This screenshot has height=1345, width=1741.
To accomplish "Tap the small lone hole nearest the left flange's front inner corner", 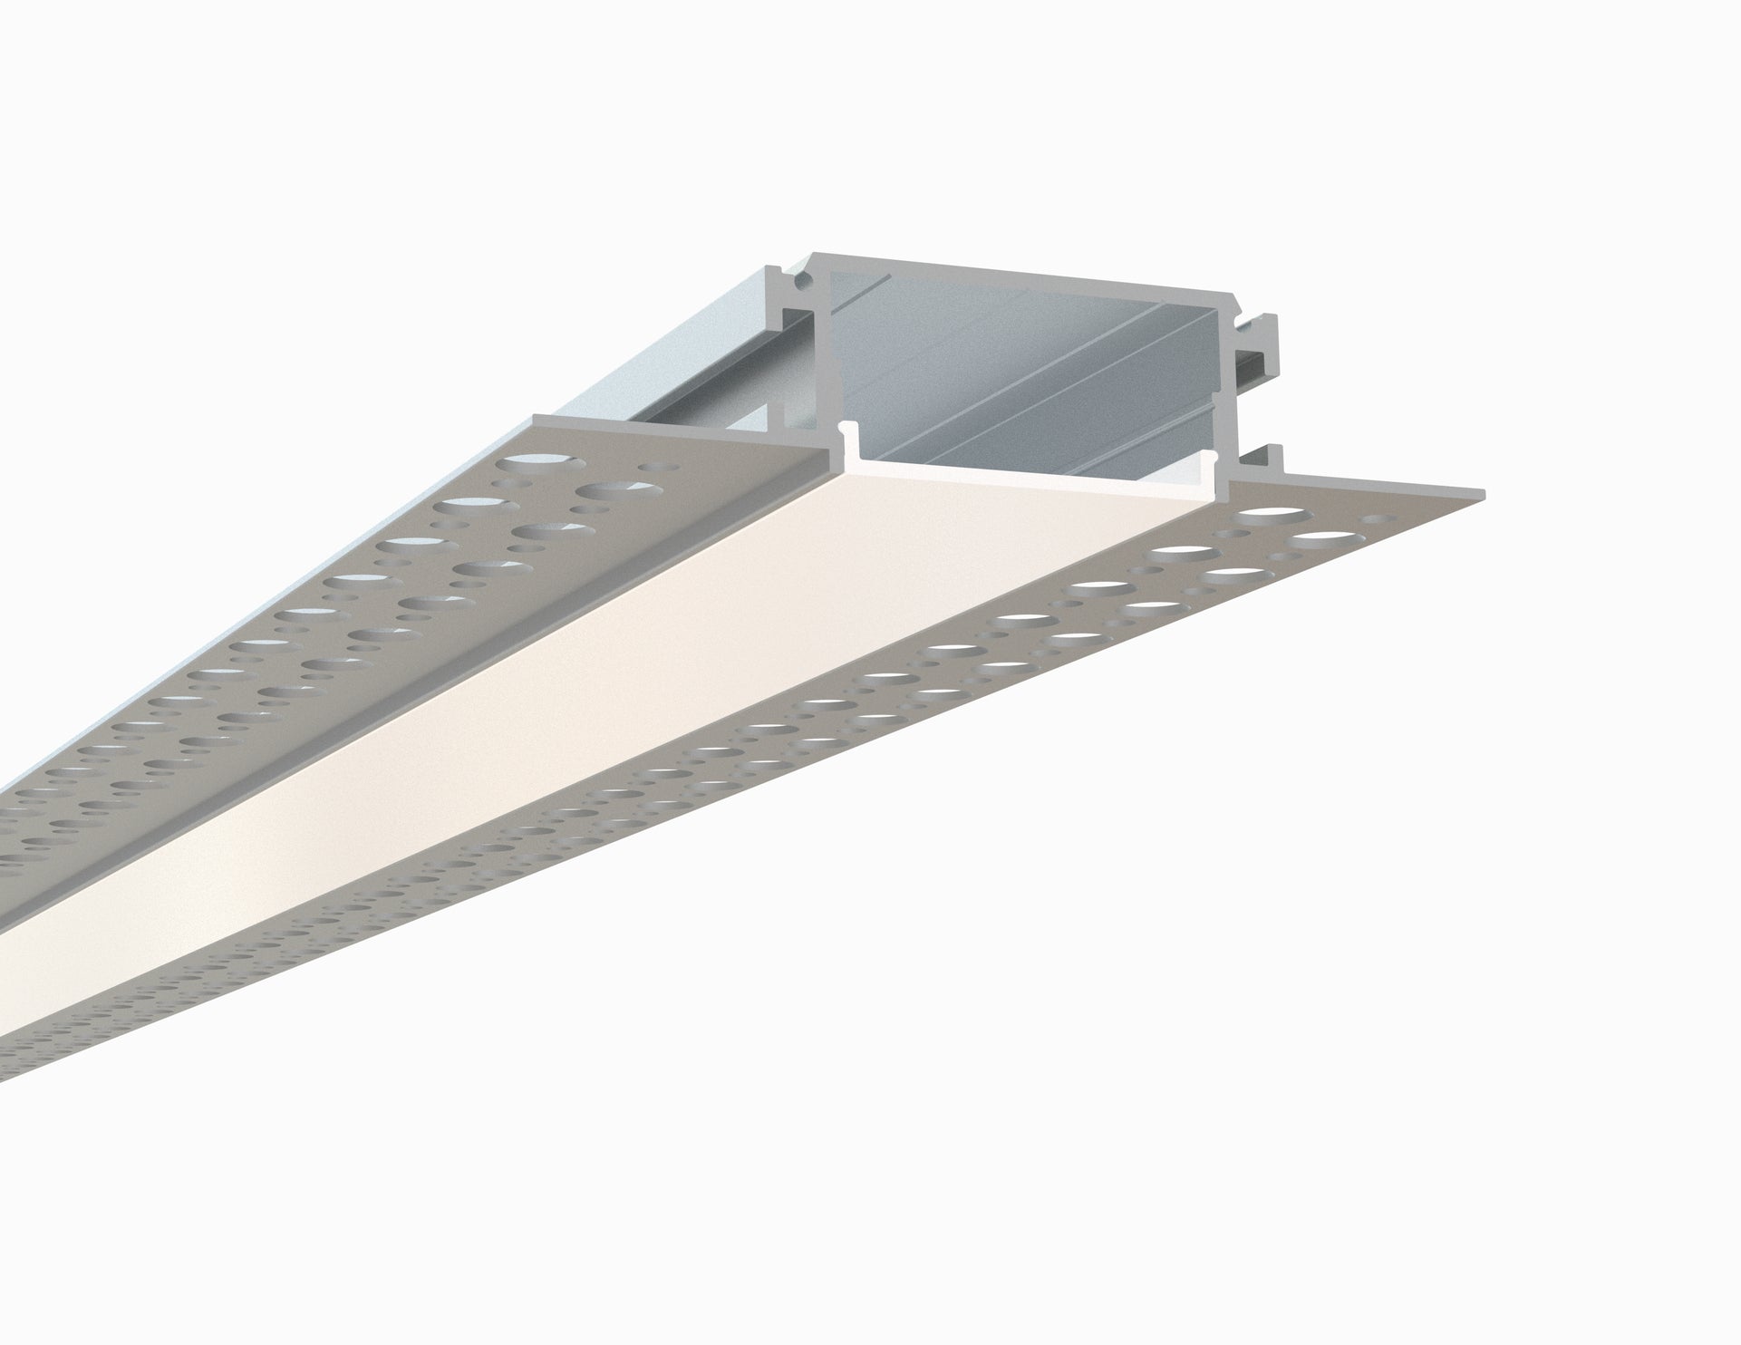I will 647,469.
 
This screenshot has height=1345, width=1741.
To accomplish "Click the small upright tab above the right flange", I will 1274,459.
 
